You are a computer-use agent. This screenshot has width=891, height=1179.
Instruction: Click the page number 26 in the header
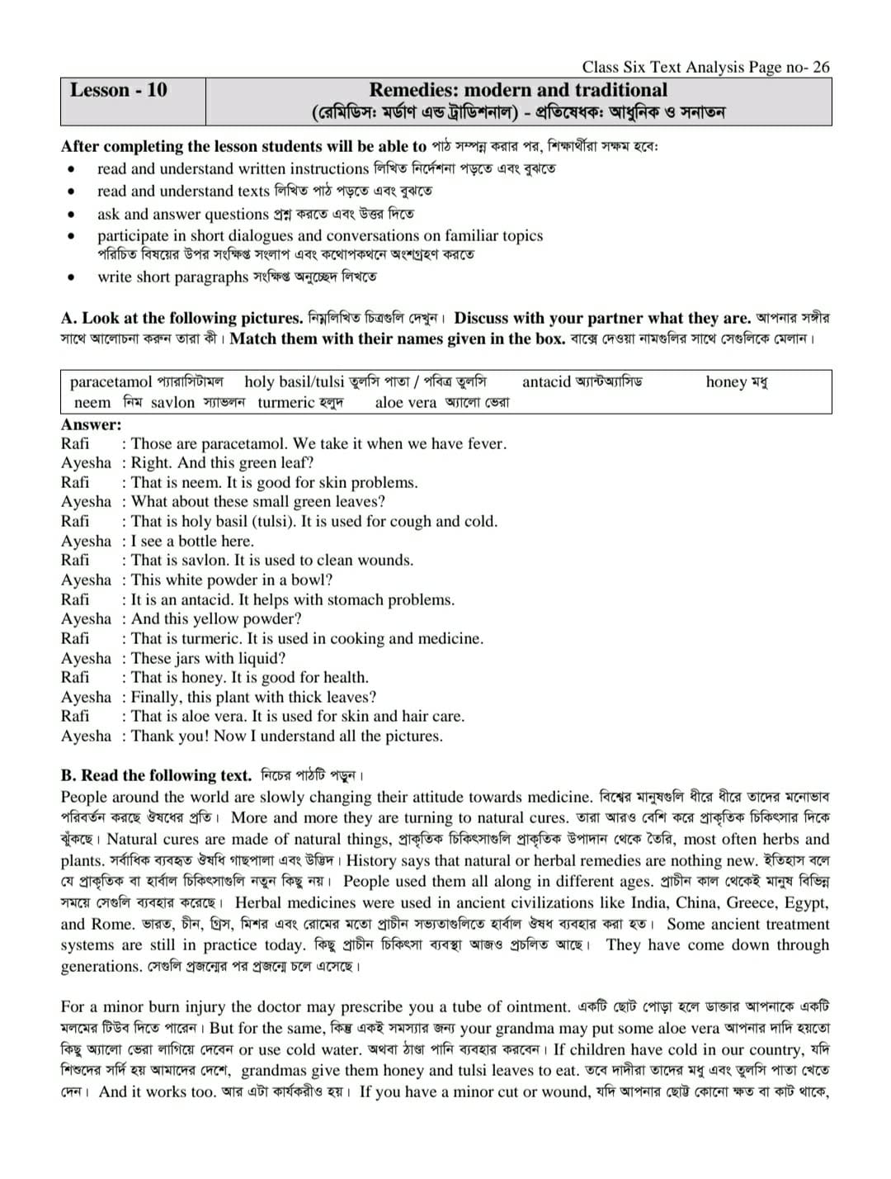[x=821, y=68]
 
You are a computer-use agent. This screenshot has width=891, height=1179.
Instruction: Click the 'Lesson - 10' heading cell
[x=118, y=90]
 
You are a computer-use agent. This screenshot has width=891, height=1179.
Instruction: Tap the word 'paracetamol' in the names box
[x=111, y=382]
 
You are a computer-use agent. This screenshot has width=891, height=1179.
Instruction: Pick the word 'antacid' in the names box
[x=546, y=381]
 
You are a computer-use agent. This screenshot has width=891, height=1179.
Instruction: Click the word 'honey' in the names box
[x=726, y=381]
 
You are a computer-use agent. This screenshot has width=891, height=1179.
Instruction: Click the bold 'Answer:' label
[x=91, y=424]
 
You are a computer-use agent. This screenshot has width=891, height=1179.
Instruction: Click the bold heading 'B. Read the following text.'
[x=156, y=775]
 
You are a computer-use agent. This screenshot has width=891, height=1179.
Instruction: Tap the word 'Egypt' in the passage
[x=805, y=903]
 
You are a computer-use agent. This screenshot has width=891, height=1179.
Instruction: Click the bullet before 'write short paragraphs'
[x=73, y=277]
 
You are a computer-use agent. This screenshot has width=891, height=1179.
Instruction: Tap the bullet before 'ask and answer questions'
[x=73, y=214]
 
